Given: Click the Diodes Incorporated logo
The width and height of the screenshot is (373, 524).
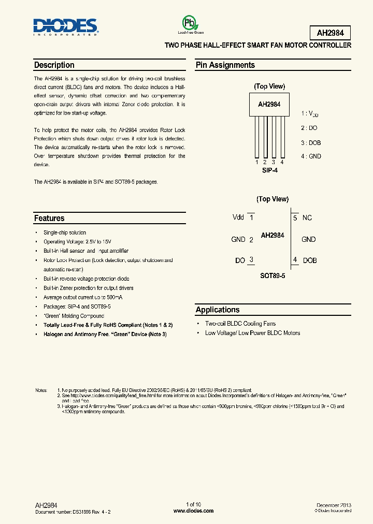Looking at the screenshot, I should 65,26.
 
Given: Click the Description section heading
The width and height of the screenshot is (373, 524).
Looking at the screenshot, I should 54,65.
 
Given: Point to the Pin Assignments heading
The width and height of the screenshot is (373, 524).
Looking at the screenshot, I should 225,65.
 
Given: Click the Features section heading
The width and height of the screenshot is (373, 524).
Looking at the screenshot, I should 49,219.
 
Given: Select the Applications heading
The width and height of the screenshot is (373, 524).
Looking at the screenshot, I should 218,310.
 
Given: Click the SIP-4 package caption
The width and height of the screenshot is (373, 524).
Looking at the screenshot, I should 269,170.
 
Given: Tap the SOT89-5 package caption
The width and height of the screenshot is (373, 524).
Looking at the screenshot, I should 272,276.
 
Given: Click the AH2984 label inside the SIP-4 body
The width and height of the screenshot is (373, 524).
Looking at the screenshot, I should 269,104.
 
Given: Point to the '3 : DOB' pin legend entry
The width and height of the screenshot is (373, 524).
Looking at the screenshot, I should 311,142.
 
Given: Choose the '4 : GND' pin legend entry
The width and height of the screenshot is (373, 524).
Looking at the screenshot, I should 311,156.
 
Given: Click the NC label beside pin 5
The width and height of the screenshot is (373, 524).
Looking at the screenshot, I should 307,218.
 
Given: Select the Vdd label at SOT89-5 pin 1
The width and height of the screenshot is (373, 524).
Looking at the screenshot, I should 238,217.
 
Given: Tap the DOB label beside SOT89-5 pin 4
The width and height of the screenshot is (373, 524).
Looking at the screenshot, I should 310,260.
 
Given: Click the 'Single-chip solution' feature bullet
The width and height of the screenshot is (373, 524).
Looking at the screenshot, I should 65,232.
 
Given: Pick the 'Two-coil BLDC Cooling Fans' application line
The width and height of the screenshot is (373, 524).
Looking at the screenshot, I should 240,323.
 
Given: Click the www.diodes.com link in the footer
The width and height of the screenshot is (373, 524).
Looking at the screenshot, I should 193,511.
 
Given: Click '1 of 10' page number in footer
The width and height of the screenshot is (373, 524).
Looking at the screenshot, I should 193,504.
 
